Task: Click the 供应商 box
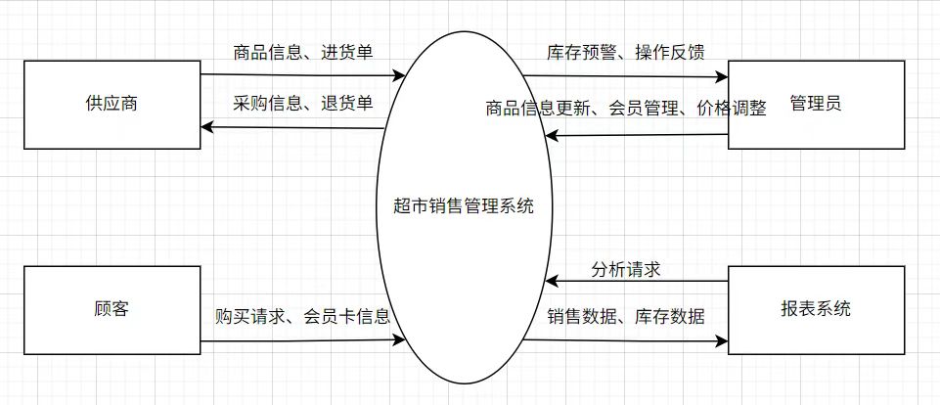[x=111, y=104]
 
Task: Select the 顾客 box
[x=111, y=311]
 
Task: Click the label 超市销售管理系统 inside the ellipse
[x=462, y=206]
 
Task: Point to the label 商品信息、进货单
[x=302, y=53]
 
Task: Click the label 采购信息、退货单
[x=302, y=103]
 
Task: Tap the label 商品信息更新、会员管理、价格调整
[x=626, y=108]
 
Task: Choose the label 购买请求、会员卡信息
[x=302, y=316]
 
